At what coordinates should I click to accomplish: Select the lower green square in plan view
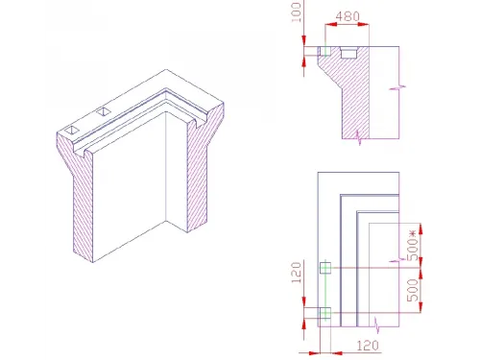point(324,312)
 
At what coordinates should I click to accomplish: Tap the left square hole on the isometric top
point(73,128)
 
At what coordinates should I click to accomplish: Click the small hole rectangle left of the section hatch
point(315,50)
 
